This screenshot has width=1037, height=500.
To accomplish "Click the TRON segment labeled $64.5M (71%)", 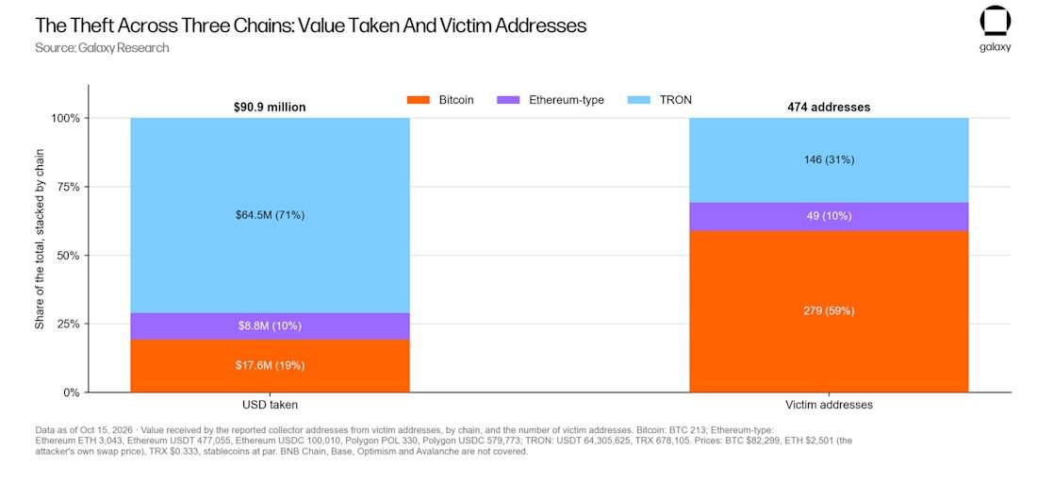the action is (x=270, y=215).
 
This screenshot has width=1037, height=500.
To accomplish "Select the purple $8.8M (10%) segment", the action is (x=270, y=326).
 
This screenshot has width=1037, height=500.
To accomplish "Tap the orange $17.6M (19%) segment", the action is (x=270, y=365).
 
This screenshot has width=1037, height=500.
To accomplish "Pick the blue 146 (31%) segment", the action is (x=829, y=160).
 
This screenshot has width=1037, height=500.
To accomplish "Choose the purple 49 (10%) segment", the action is (x=829, y=217).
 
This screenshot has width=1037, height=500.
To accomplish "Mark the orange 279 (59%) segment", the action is (x=829, y=311).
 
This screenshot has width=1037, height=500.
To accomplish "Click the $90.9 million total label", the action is (x=270, y=107).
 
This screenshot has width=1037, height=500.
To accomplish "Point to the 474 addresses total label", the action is (x=829, y=107).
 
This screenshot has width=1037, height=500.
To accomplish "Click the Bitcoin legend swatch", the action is (x=418, y=101).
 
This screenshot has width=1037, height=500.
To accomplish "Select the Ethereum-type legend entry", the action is (x=550, y=101).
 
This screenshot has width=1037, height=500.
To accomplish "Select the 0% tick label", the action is (x=72, y=392).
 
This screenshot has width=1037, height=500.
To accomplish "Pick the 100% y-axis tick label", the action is (x=64, y=118).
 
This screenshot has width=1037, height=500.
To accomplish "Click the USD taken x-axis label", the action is (x=270, y=405).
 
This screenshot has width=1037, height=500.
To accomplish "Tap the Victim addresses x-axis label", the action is (x=829, y=405).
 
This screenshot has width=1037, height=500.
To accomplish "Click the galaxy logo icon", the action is (x=995, y=23).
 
